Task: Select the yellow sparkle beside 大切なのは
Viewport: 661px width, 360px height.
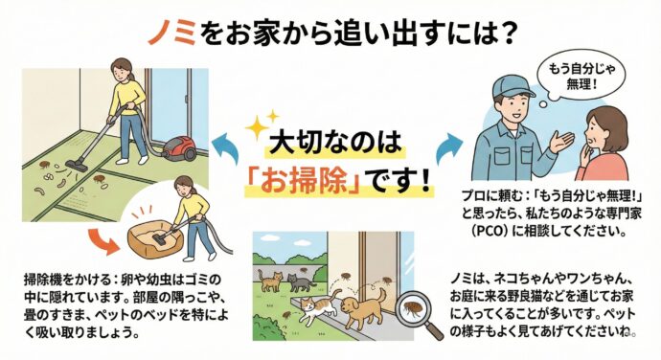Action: click(256, 127)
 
